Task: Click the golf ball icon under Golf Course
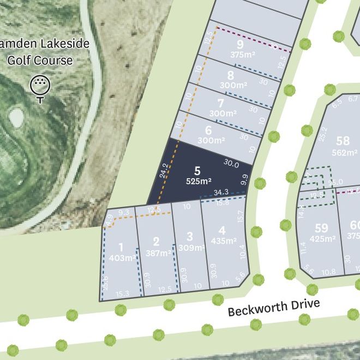click(40, 87)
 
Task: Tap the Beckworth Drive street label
click(273, 308)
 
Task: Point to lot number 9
click(240, 44)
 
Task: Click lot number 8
click(231, 76)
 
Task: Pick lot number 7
click(220, 103)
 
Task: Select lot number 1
click(121, 248)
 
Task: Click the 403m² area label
click(122, 258)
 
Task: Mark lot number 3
click(189, 237)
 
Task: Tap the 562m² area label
click(344, 153)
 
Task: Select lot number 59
click(322, 228)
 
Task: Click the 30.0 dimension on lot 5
click(231, 163)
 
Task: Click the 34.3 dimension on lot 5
click(221, 193)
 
